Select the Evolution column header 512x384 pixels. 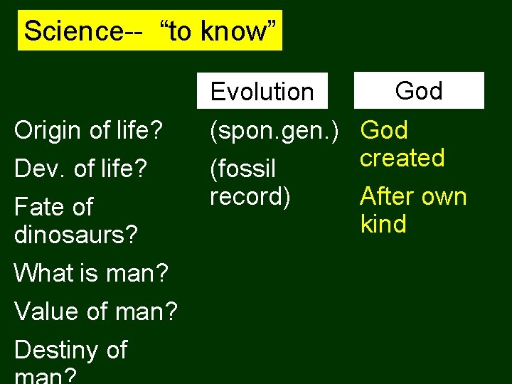coord(262,92)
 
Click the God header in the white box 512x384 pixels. coord(419,90)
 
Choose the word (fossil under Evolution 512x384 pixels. coord(242,169)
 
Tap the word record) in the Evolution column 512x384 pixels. coord(250,196)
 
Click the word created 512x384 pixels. coord(402,158)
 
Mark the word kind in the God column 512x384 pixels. coord(383,224)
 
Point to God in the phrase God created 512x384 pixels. coord(384,130)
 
